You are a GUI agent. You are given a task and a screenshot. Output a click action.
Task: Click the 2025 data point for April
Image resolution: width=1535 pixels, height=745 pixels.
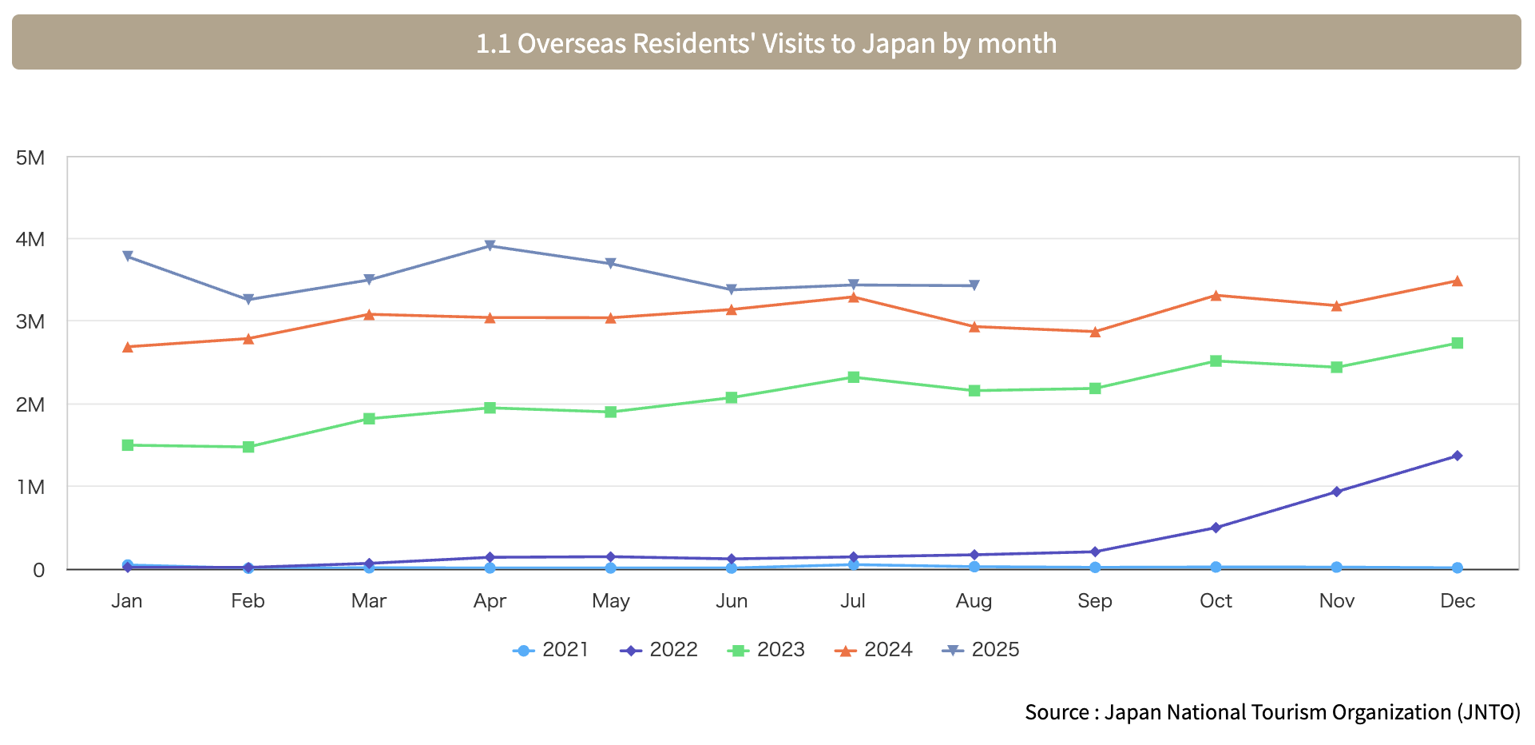click(x=490, y=245)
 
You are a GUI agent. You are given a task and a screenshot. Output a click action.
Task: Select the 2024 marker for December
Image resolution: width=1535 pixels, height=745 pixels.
click(x=1457, y=281)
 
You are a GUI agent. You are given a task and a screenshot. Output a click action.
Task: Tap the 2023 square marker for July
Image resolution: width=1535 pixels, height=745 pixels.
click(x=853, y=377)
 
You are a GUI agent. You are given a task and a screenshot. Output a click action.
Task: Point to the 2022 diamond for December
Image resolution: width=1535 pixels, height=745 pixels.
click(x=1457, y=456)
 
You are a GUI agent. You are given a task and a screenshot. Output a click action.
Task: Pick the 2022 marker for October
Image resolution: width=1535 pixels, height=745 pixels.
click(x=1216, y=528)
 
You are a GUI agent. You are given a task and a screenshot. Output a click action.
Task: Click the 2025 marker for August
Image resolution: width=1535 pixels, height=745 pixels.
click(x=974, y=285)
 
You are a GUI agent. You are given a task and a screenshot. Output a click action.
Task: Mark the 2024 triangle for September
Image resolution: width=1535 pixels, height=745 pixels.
click(x=1095, y=332)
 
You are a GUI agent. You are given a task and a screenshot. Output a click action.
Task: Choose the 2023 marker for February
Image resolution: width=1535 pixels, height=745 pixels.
click(x=248, y=447)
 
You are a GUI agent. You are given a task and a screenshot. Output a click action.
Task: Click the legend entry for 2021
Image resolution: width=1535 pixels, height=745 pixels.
click(x=551, y=650)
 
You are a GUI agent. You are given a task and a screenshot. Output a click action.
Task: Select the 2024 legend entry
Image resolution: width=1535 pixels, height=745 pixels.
click(x=874, y=650)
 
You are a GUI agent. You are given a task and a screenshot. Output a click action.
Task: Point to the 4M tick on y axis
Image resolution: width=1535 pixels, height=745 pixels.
click(x=30, y=239)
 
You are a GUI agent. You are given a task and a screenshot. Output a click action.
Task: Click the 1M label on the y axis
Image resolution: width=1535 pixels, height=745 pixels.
click(x=30, y=487)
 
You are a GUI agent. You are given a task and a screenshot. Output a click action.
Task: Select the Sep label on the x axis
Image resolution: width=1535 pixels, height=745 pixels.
click(x=1094, y=601)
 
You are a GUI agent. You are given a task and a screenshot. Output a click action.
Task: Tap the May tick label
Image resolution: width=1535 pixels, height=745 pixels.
click(x=610, y=601)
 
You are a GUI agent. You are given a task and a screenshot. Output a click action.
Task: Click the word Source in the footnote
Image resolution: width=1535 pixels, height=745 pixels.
click(x=1056, y=712)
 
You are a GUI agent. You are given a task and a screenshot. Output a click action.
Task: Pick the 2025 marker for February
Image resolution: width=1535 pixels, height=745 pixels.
click(x=248, y=300)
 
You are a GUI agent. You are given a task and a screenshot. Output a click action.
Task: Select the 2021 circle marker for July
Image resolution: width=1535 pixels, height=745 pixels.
click(x=853, y=565)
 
